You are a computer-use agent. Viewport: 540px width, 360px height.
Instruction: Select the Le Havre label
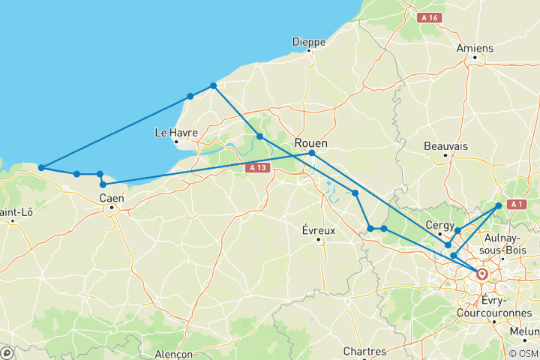[x=175, y=133]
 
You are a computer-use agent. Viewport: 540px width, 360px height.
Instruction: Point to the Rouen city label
[x=311, y=142]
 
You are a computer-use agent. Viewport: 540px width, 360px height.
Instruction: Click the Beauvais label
[x=445, y=145]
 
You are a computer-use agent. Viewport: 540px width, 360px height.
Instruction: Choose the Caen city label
[x=111, y=198]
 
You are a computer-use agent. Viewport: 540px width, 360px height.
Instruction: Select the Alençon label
[x=172, y=354]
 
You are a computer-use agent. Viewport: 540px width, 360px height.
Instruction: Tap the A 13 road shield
[x=257, y=168]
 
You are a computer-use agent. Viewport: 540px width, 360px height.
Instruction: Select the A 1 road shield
[x=515, y=204]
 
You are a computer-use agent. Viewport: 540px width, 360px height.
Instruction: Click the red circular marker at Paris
[x=481, y=274]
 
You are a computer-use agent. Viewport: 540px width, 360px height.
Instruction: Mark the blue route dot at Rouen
[x=311, y=153]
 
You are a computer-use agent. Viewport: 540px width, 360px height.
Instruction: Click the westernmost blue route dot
[x=41, y=167]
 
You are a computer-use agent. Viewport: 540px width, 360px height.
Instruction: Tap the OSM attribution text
[x=522, y=353]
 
